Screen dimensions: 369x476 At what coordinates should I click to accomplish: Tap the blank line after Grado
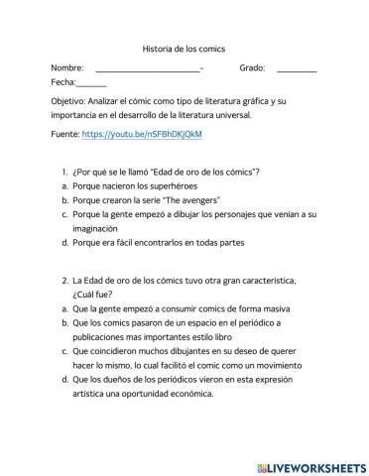pyautogui.click(x=297, y=70)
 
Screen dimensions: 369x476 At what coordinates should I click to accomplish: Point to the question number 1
pyautogui.click(x=64, y=172)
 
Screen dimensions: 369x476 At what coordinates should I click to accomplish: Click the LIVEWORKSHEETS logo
pyautogui.click(x=310, y=463)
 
